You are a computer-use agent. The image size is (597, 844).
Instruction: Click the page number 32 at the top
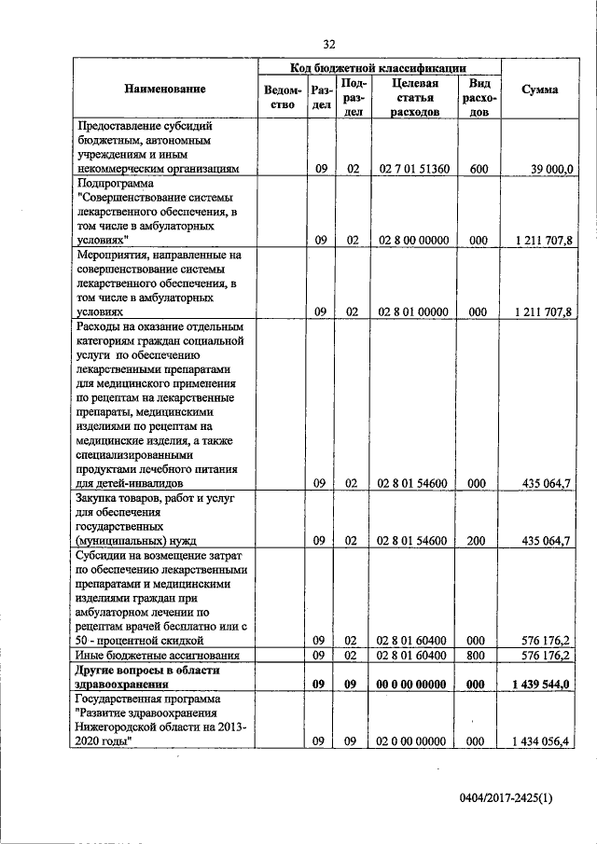[329, 44]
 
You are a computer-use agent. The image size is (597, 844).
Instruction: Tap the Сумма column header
[540, 90]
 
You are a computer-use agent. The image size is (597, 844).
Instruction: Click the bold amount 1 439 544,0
[542, 685]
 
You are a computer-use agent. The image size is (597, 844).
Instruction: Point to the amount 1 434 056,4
[542, 741]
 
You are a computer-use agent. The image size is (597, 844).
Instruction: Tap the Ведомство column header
[284, 96]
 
